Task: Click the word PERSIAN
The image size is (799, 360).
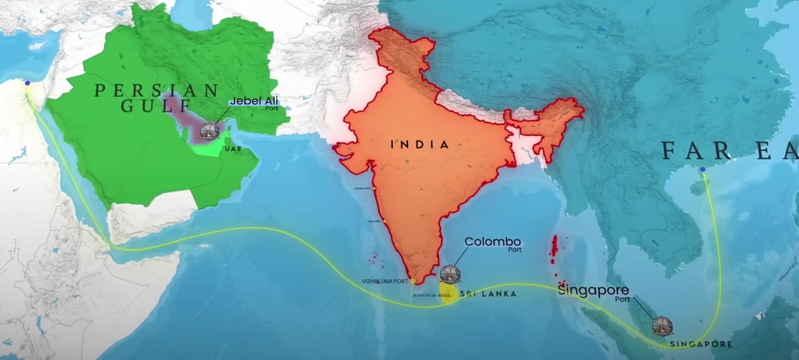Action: [156, 90]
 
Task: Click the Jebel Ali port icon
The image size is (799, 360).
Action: [209, 130]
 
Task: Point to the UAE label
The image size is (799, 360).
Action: [232, 148]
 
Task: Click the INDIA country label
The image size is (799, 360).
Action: [419, 144]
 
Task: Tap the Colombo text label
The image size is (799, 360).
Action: [492, 242]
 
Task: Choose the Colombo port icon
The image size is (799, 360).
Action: [450, 274]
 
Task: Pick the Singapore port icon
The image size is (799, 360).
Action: [662, 325]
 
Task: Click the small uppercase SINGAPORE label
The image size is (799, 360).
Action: [701, 344]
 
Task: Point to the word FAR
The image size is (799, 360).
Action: [692, 151]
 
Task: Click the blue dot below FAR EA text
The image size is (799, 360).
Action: [702, 170]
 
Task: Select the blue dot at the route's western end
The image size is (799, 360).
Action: [27, 84]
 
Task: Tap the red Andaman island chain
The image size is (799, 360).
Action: [553, 250]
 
